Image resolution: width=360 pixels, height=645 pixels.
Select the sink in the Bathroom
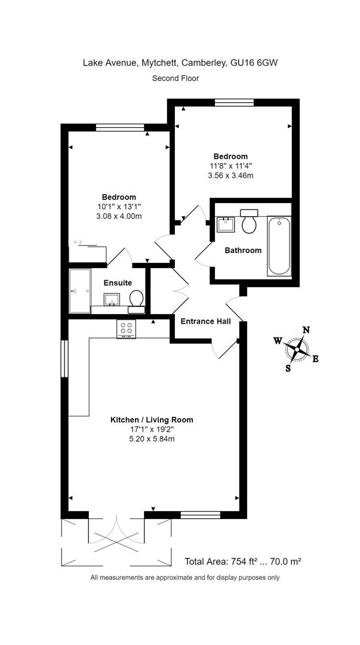coord(225,225)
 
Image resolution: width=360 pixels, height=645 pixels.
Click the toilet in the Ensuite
coord(136,299)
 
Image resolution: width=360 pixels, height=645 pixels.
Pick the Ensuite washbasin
coord(112,299)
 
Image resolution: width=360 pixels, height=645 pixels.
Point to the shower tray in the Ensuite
coord(79,291)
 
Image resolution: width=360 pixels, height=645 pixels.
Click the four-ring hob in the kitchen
coord(127,328)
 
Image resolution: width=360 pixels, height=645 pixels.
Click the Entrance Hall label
coord(206,321)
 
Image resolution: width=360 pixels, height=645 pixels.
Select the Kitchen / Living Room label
coord(152,420)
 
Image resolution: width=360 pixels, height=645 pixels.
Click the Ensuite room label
coord(118,282)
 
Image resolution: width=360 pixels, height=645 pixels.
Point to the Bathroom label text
coord(243,250)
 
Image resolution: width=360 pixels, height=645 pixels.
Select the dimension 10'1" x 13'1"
coord(118,207)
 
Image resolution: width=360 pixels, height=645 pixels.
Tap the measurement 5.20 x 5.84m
coord(152,439)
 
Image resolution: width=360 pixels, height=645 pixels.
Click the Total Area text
coord(242,561)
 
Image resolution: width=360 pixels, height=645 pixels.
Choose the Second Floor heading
coord(176,78)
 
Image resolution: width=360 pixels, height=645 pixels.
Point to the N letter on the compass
coord(306,329)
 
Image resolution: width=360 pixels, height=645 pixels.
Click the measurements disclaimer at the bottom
coord(185,578)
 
